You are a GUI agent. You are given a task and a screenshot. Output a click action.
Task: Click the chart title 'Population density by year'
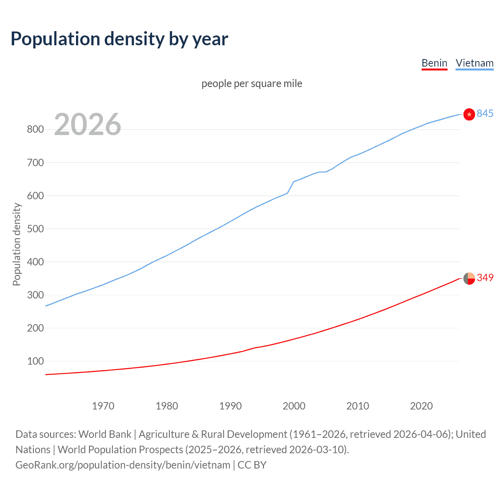(119, 39)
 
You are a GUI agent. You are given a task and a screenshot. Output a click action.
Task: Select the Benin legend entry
(434, 63)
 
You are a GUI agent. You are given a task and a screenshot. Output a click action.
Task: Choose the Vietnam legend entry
(474, 63)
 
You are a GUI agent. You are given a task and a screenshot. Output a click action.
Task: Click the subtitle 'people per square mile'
(252, 83)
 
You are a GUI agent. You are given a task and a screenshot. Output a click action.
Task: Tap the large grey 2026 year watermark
(87, 124)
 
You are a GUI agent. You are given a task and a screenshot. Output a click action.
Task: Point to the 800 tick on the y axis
(35, 130)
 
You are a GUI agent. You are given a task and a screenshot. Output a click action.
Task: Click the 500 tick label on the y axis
(35, 229)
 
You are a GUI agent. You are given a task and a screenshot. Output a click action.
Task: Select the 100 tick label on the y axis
(35, 361)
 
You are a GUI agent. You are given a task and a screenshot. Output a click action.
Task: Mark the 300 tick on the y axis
(35, 295)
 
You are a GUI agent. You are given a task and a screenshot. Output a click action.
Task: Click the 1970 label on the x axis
(103, 406)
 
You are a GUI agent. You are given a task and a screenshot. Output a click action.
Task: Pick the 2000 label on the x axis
(294, 406)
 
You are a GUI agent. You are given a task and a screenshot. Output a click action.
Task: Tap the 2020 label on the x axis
(421, 406)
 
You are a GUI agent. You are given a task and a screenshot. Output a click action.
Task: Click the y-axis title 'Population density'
(17, 244)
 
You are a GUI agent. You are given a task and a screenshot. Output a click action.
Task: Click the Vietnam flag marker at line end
(469, 114)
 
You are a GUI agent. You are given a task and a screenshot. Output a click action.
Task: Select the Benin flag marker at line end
(469, 278)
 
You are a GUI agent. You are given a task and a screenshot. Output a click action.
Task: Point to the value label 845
(485, 113)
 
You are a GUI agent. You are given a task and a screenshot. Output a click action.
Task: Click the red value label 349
(485, 278)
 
